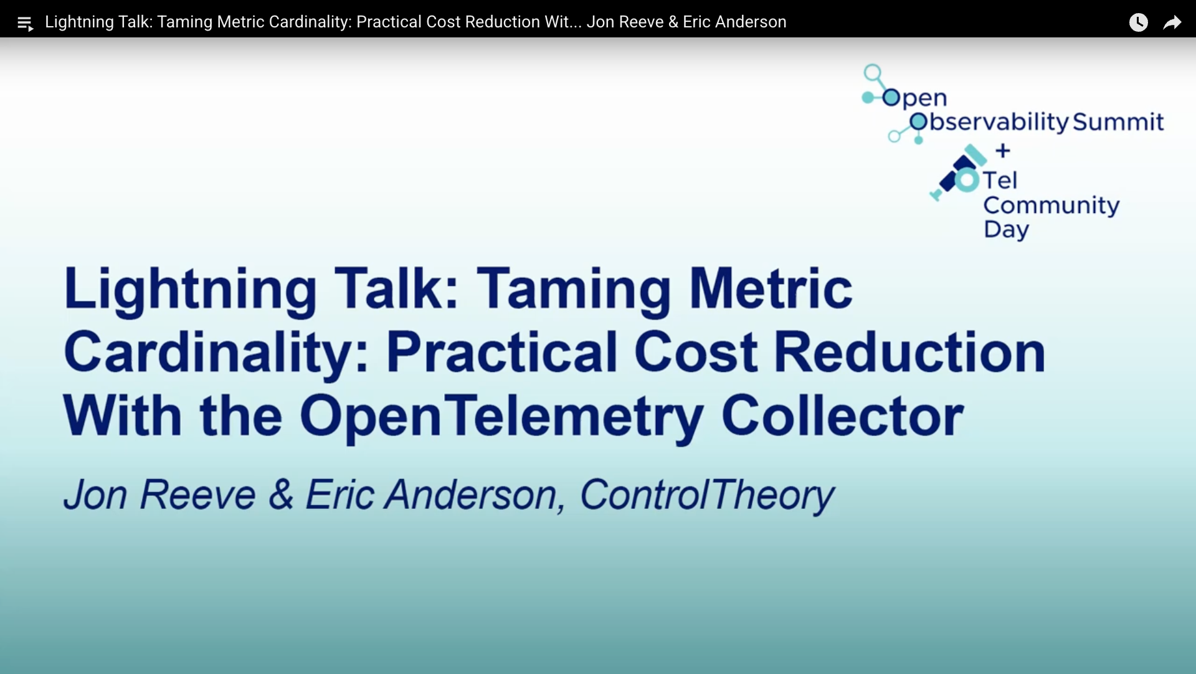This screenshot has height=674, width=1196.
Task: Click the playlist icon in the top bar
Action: click(x=25, y=24)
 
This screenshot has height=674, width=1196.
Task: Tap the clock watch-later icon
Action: click(x=1138, y=22)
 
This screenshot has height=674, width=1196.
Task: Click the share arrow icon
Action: click(x=1172, y=23)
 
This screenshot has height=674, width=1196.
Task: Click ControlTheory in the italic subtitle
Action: click(x=707, y=496)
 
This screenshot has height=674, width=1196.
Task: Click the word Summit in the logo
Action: click(x=1118, y=122)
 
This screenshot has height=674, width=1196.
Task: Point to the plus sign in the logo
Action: click(x=1003, y=151)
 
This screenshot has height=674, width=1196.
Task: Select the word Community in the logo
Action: click(x=1051, y=206)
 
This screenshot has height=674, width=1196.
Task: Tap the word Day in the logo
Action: click(x=1006, y=230)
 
